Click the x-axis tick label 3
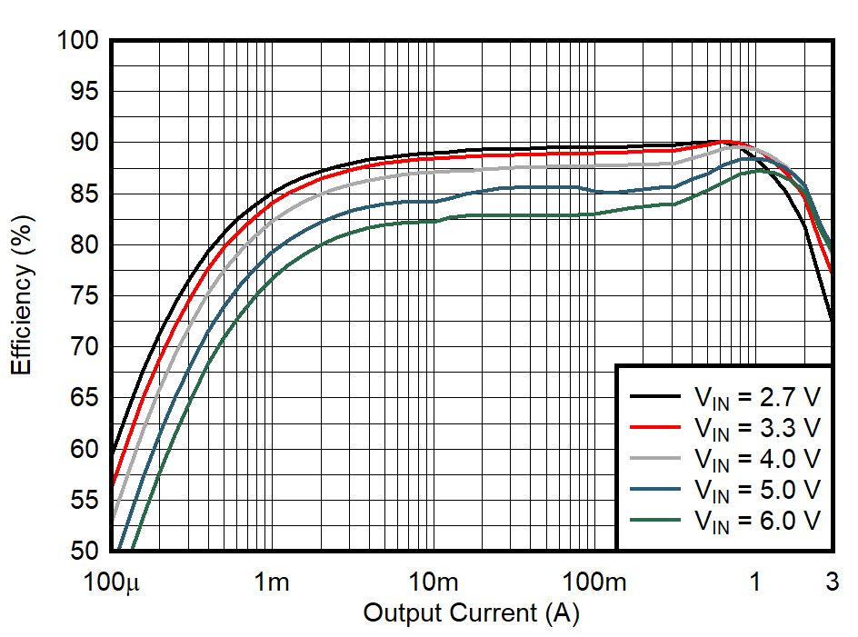(833, 582)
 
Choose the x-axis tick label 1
(754, 582)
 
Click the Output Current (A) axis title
(471, 613)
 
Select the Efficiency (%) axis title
(22, 296)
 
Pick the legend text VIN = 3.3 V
(756, 427)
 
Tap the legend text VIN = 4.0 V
(756, 458)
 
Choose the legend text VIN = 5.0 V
(756, 489)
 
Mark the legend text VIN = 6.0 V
(756, 520)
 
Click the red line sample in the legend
(655, 426)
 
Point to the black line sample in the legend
(655, 395)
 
